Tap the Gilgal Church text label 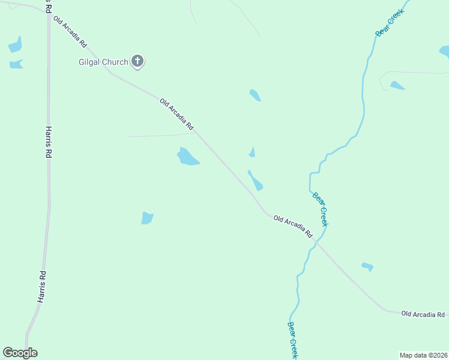pos(104,62)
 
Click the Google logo pos(20,353)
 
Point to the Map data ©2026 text pos(424,355)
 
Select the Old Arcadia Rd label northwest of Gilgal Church pos(70,32)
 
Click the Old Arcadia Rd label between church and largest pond pos(177,114)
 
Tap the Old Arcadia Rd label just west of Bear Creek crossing pos(294,226)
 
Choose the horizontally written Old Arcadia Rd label pos(423,314)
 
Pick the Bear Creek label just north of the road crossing pos(321,209)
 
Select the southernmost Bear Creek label pos(292,340)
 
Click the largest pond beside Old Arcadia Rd pos(188,157)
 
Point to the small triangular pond pos(252,153)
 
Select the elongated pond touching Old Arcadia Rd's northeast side pos(256,181)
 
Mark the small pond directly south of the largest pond pos(147,218)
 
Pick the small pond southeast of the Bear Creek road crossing pos(367,266)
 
